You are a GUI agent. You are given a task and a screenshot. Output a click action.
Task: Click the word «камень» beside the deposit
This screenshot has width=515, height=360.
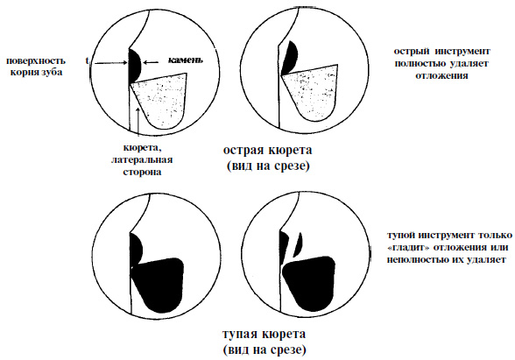(186, 60)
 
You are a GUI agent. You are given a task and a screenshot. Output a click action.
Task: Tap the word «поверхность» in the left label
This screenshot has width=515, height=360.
(36, 61)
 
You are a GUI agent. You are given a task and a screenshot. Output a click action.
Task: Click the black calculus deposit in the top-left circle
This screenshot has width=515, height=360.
(135, 66)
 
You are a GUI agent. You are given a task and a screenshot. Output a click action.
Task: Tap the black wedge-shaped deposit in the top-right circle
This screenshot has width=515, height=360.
(290, 58)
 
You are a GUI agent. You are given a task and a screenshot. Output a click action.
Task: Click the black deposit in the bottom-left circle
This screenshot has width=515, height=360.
(136, 248)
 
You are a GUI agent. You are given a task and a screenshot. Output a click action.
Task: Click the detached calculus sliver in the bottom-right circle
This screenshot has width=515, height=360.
(298, 244)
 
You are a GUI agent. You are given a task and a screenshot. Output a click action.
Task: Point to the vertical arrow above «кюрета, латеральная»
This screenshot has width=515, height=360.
(138, 122)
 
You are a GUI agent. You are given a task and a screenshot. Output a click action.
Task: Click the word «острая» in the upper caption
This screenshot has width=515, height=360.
(243, 151)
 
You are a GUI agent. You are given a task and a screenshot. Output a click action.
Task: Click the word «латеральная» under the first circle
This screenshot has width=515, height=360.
(142, 160)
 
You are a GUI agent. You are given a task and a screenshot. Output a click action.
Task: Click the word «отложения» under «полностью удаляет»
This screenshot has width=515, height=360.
(441, 75)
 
